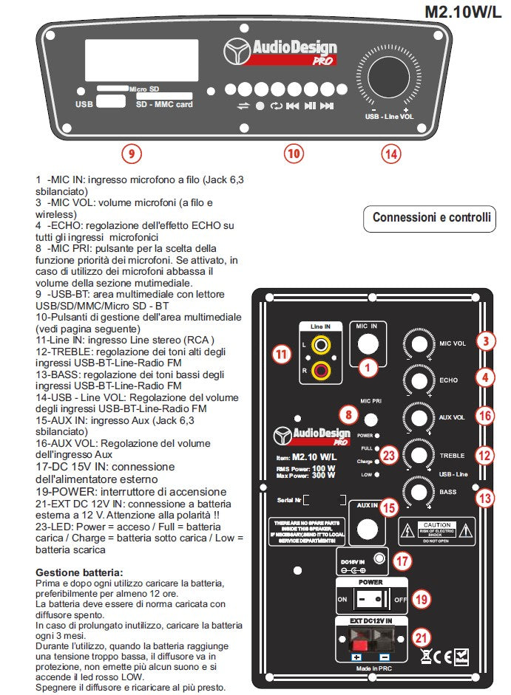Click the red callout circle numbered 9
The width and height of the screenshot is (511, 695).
pos(131,154)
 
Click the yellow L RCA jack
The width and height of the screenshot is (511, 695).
pos(322,344)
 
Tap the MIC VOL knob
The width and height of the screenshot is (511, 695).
pos(419,343)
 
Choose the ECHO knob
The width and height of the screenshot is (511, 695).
pos(419,380)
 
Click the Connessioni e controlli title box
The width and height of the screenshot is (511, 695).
pos(430,218)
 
